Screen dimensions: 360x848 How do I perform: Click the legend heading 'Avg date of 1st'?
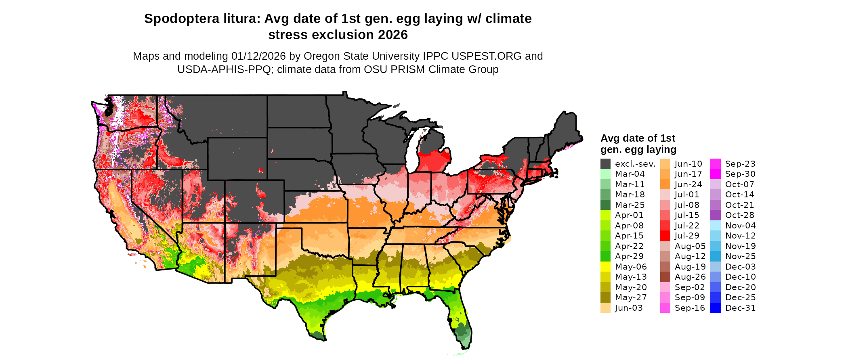point(638,138)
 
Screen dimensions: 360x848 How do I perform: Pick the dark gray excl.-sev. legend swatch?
point(605,164)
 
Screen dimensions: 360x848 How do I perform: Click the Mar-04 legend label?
point(630,174)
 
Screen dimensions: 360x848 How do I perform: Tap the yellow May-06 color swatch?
point(605,267)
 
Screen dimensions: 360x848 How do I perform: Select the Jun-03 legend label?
point(629,308)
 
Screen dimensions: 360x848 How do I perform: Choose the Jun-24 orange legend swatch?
point(665,184)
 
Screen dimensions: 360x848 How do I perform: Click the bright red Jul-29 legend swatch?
point(665,236)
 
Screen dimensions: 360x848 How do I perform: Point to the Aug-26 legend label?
point(690,277)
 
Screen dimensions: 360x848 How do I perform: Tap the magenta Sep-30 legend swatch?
point(715,174)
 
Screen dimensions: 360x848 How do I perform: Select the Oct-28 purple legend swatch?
point(715,215)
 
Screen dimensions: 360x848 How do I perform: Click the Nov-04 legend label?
point(740,226)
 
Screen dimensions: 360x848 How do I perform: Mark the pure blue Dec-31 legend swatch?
point(715,308)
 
